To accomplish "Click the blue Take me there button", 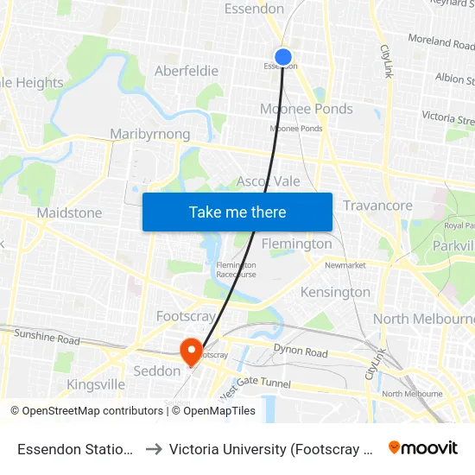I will [x=237, y=212].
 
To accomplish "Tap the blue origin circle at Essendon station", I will [x=282, y=57].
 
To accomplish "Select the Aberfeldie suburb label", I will [x=186, y=71].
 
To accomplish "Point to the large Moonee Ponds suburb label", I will [x=307, y=109].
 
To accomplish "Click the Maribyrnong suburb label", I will [x=150, y=134].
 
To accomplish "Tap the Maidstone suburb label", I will [x=69, y=212].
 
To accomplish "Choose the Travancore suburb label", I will [x=377, y=206].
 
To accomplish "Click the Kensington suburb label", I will [x=335, y=292].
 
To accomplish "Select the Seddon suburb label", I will [x=156, y=370].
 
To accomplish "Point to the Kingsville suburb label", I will [x=96, y=383].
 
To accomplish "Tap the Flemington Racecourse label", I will [x=236, y=270].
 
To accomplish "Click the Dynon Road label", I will [x=301, y=351].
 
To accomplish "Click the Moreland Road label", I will [x=441, y=41].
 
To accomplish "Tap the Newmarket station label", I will [x=345, y=265].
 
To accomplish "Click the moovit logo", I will [x=423, y=447].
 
